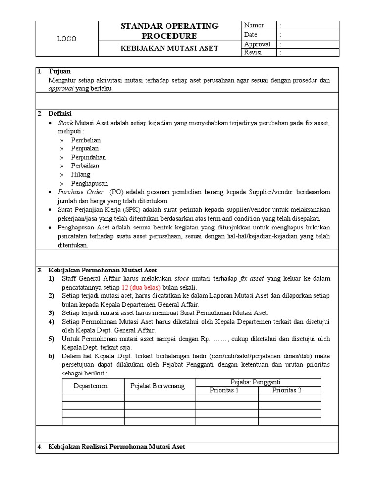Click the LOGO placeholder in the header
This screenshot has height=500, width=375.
pyautogui.click(x=66, y=39)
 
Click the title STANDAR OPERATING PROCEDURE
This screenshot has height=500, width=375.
pyautogui.click(x=169, y=31)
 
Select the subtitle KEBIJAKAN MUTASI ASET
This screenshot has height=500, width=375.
pyautogui.click(x=169, y=48)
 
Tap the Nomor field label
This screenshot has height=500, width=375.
pyautogui.click(x=254, y=25)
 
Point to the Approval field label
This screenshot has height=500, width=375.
pyautogui.click(x=257, y=44)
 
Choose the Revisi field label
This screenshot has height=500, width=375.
pyautogui.click(x=253, y=52)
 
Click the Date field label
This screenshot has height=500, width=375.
pyautogui.click(x=250, y=35)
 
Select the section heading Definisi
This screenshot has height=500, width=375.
pyautogui.click(x=60, y=114)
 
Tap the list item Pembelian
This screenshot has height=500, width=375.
pyautogui.click(x=85, y=140)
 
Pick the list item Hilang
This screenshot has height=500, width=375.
pyautogui.click(x=81, y=174)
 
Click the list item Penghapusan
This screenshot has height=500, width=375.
pyautogui.click(x=89, y=183)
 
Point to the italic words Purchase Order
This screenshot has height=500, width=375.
pyautogui.click(x=81, y=192)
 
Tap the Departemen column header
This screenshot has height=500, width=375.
pyautogui.click(x=90, y=386)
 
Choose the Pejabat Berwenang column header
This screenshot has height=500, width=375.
pyautogui.click(x=157, y=386)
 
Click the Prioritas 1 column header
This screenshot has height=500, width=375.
pyautogui.click(x=225, y=390)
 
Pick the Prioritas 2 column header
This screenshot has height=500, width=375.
pyautogui.click(x=287, y=390)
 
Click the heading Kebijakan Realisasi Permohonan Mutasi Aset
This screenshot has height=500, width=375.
pyautogui.click(x=117, y=447)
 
